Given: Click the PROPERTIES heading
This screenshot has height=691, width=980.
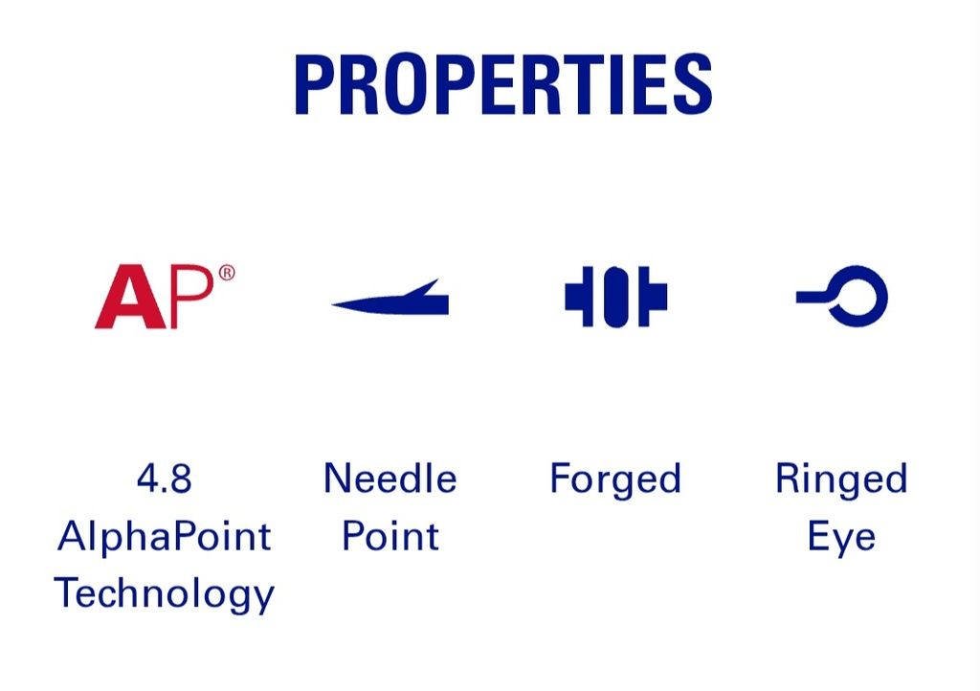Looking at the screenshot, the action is click(503, 83).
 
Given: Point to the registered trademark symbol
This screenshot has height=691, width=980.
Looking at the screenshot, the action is click(227, 273).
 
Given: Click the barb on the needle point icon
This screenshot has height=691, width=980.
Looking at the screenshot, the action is click(422, 288).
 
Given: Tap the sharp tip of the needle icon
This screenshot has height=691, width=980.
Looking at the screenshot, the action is click(333, 304).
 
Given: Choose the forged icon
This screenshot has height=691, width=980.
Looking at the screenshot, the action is click(615, 297).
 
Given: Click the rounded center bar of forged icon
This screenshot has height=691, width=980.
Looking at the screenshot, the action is click(615, 297).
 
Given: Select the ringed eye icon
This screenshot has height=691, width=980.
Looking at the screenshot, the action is click(842, 296).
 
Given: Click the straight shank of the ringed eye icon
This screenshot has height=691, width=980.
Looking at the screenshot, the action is click(812, 297).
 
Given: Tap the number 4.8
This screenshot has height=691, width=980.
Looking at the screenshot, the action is click(164, 479).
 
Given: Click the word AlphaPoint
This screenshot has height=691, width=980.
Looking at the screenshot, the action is click(164, 537).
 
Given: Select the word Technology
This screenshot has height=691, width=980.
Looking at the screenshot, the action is click(165, 594).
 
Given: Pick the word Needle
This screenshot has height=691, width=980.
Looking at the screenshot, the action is click(390, 479).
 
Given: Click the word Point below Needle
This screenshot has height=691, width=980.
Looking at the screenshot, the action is click(390, 536).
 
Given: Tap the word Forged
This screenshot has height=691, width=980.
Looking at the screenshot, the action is click(615, 479).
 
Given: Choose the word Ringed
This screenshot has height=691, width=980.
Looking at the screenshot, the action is click(841, 479).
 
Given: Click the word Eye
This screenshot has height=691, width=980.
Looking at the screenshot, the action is click(841, 537).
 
